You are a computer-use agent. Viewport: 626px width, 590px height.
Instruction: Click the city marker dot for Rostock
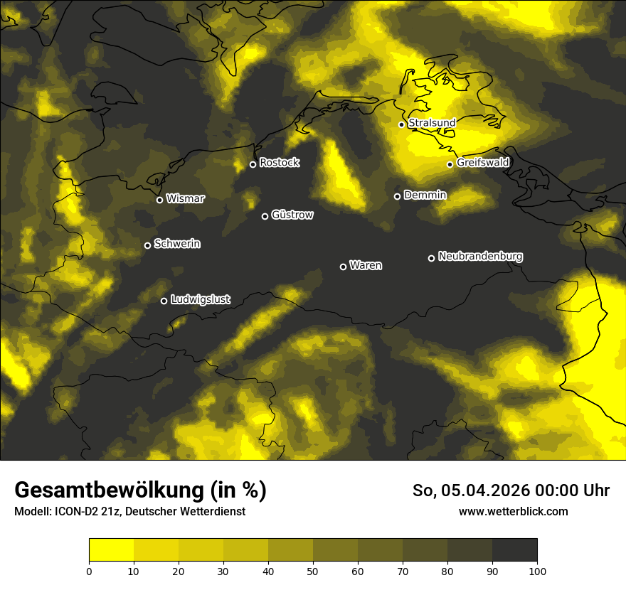tap(253, 164)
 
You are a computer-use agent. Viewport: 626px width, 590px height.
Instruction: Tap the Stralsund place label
tap(432, 123)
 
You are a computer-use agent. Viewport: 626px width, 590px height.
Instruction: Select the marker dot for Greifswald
tap(450, 164)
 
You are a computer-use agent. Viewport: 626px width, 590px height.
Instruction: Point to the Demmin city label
tap(425, 195)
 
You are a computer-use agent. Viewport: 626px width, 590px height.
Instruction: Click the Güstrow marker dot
tap(265, 216)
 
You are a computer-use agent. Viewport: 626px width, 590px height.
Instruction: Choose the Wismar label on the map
tap(185, 199)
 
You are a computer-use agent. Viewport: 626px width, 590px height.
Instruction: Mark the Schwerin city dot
tap(147, 245)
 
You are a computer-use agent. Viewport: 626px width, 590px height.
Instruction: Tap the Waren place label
tap(366, 266)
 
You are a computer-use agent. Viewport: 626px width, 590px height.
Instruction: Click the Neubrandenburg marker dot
tap(431, 258)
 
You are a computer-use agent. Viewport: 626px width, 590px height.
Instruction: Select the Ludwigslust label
tap(201, 300)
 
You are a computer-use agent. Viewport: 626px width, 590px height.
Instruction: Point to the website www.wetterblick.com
tap(513, 511)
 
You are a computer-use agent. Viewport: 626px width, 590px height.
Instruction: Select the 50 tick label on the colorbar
tap(313, 571)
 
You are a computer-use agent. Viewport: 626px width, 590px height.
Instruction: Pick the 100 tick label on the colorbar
tap(537, 571)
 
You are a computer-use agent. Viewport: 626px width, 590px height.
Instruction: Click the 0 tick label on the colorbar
tap(89, 571)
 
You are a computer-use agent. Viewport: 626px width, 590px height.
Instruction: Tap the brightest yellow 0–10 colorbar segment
tap(111, 550)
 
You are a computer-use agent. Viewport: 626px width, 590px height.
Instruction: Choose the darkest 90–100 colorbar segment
tap(514, 550)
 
